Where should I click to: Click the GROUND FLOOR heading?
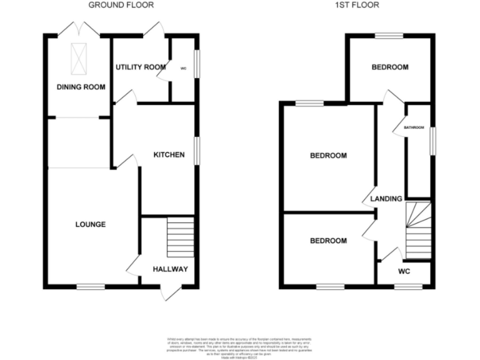(121, 5)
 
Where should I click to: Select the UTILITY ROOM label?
(140, 67)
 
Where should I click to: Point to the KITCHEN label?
(169, 154)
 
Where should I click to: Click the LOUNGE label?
(91, 224)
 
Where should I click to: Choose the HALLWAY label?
(171, 269)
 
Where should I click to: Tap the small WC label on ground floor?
(183, 68)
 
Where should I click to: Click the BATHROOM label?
(414, 127)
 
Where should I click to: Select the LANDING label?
(386, 199)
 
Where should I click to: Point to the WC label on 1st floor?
(404, 272)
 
